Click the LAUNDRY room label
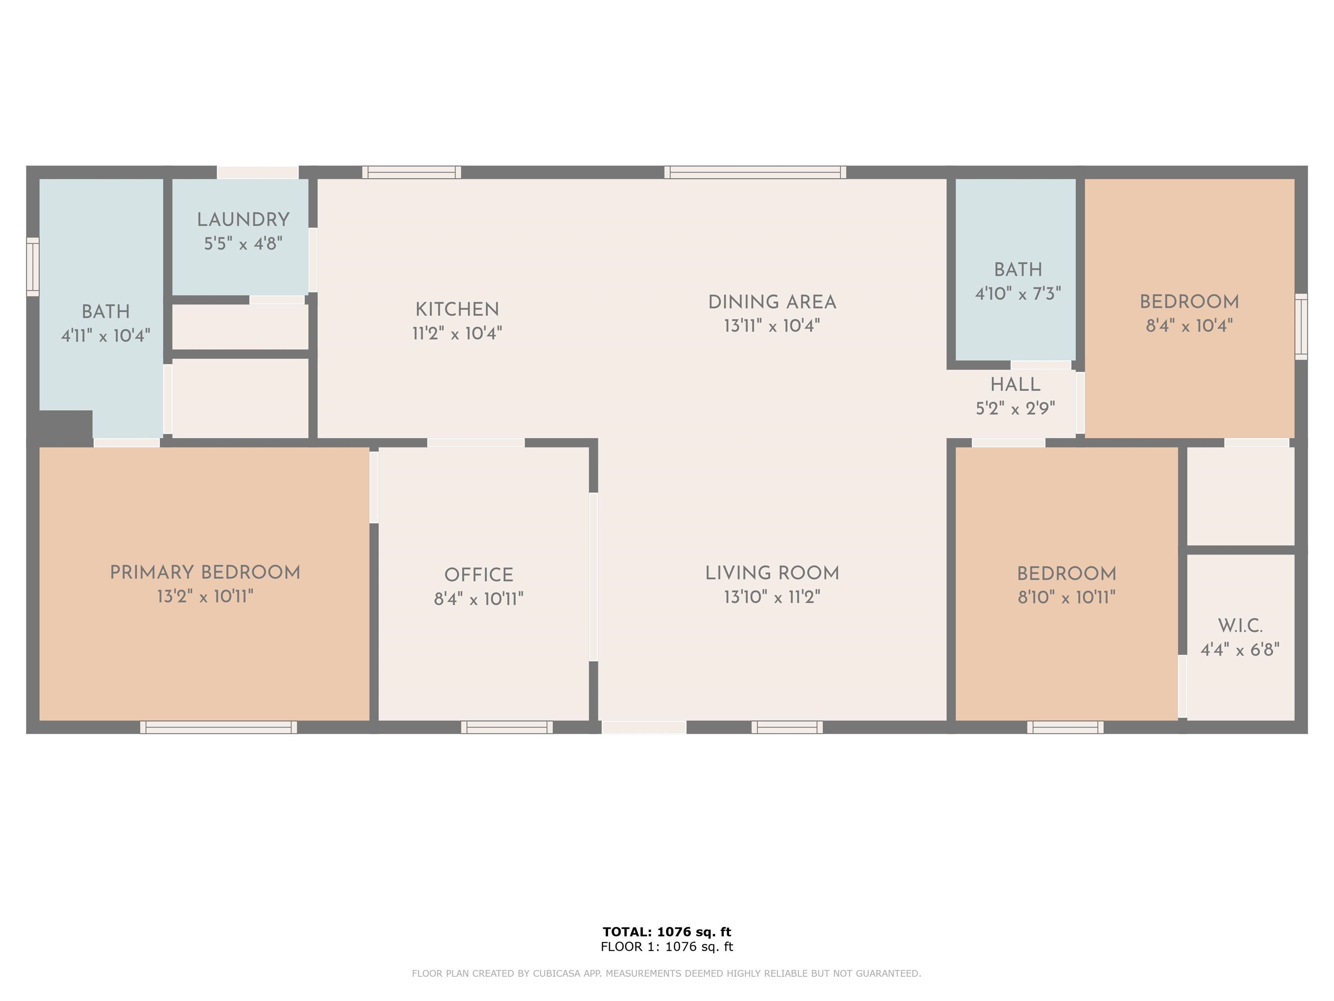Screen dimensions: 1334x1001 [243, 220]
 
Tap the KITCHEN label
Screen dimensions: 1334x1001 [457, 309]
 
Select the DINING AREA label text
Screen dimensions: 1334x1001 [772, 302]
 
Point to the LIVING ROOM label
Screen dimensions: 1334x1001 [772, 573]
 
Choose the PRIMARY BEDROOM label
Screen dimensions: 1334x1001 [205, 573]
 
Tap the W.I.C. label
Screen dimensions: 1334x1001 [1240, 626]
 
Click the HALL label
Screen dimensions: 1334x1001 [1016, 384]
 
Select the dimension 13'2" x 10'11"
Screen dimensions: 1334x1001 [205, 597]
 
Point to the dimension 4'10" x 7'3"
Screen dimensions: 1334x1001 [1018, 294]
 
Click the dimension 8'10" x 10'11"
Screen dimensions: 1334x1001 [1066, 597]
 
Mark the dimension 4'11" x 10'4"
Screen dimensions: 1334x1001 [106, 335]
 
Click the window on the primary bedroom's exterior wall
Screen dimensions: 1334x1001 [218, 727]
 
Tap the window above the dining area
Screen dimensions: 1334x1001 [755, 172]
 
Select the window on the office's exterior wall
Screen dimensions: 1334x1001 [507, 727]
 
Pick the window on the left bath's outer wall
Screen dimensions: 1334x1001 [33, 267]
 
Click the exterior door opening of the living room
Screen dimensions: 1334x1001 [644, 727]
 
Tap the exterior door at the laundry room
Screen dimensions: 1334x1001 [258, 172]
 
